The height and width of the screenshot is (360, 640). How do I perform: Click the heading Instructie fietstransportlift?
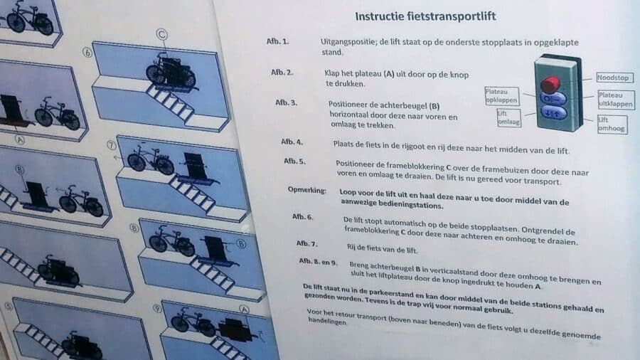pyautogui.click(x=425, y=16)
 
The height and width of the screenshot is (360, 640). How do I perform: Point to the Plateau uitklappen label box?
pyautogui.click(x=615, y=99)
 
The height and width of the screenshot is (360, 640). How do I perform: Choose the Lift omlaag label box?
pyautogui.click(x=506, y=117)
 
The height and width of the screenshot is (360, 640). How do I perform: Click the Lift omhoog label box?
pyautogui.click(x=612, y=124)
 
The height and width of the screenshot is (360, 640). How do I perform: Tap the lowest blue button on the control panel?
pyautogui.click(x=553, y=112)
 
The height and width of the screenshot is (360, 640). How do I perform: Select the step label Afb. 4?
pyautogui.click(x=292, y=142)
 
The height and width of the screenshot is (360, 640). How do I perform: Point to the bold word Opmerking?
pyautogui.click(x=306, y=191)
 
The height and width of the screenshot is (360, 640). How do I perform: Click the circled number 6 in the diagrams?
pyautogui.click(x=87, y=52)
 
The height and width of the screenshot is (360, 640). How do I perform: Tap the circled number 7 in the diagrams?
pyautogui.click(x=111, y=146)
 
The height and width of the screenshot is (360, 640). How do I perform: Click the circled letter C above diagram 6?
pyautogui.click(x=162, y=33)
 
